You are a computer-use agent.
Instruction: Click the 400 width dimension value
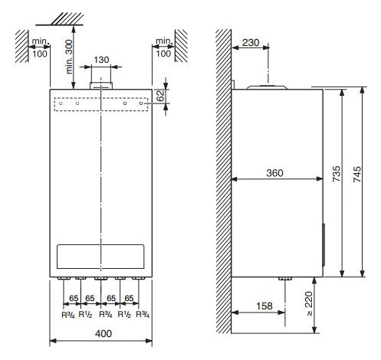click(x=103, y=333)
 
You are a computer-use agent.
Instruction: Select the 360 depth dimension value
click(x=274, y=173)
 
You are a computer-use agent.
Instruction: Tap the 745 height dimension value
click(x=357, y=174)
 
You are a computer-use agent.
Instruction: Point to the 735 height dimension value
click(x=337, y=174)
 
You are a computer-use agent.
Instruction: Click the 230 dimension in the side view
click(x=251, y=43)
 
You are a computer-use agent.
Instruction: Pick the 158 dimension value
click(x=264, y=306)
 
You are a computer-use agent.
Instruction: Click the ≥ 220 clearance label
click(x=309, y=303)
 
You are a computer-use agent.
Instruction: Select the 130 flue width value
click(x=101, y=60)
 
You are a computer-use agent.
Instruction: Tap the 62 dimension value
click(x=160, y=96)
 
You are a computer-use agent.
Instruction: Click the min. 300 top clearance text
click(x=69, y=57)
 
